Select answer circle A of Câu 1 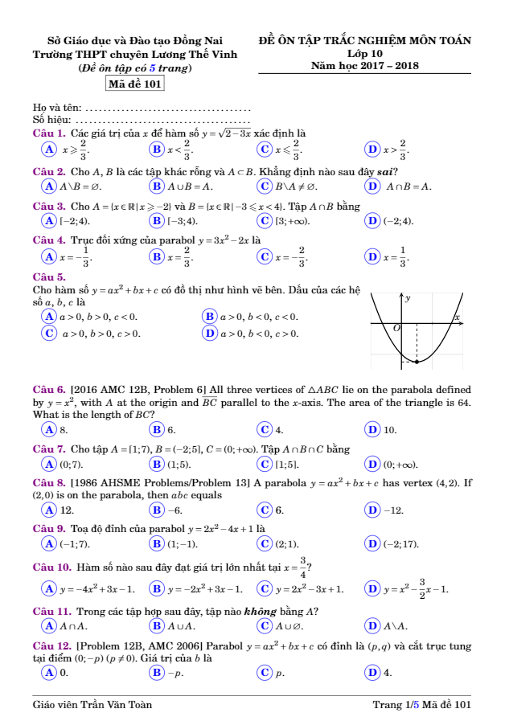(49, 149)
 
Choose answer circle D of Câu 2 (372, 186)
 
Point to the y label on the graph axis (408, 299)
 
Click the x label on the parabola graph (457, 318)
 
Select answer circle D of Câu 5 (210, 333)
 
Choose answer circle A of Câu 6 (49, 429)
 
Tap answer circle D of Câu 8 (372, 510)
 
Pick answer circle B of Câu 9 (156, 544)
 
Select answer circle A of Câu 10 (49, 588)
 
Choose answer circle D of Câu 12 (372, 671)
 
